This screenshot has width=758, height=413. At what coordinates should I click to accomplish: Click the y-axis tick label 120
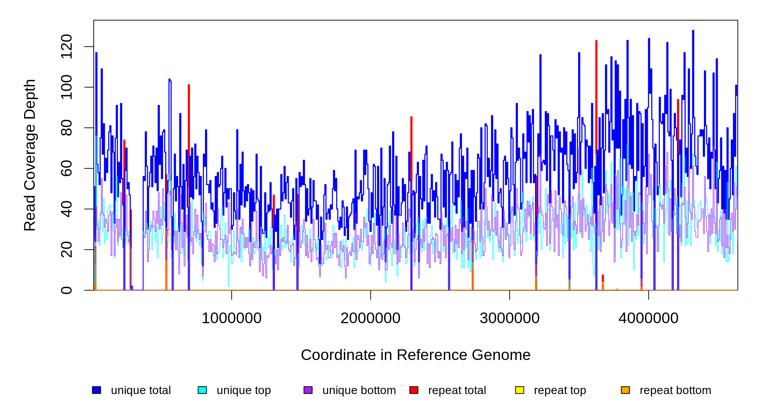[66, 46]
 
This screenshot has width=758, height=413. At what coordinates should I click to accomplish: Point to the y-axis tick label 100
[66, 87]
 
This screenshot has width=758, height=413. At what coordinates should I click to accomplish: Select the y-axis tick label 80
[66, 128]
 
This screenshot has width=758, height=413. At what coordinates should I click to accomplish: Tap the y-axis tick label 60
[66, 168]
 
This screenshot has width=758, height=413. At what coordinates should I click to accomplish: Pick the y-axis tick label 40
[66, 209]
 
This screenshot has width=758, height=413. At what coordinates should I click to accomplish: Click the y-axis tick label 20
[66, 250]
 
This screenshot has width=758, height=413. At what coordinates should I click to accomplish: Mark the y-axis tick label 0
[66, 290]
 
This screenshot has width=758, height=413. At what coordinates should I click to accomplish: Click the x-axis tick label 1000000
[232, 318]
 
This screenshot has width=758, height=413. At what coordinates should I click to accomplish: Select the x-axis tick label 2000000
[370, 318]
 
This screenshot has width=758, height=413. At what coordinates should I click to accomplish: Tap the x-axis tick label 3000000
[510, 318]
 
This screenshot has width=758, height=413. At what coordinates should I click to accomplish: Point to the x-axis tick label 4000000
[648, 318]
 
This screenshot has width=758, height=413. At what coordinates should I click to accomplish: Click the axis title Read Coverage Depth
[30, 155]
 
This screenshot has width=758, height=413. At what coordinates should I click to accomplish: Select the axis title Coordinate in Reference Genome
[416, 355]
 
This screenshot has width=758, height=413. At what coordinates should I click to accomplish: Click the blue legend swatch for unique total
[96, 390]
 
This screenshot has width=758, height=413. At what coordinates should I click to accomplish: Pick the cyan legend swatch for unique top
[202, 390]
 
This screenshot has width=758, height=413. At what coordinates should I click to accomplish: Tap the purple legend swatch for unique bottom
[308, 390]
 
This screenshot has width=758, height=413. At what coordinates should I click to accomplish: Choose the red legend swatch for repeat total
[414, 390]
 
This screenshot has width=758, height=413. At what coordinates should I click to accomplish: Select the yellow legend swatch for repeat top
[520, 390]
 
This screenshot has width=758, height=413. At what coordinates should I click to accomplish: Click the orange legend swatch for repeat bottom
[625, 390]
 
